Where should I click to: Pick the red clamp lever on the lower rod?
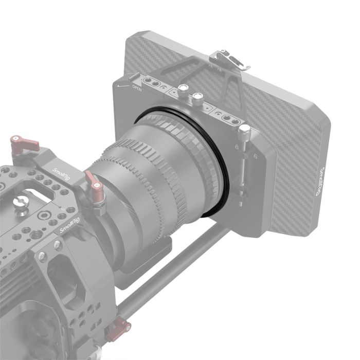pyautogui.click(x=119, y=327)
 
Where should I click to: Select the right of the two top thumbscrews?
pyautogui.click(x=196, y=97)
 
